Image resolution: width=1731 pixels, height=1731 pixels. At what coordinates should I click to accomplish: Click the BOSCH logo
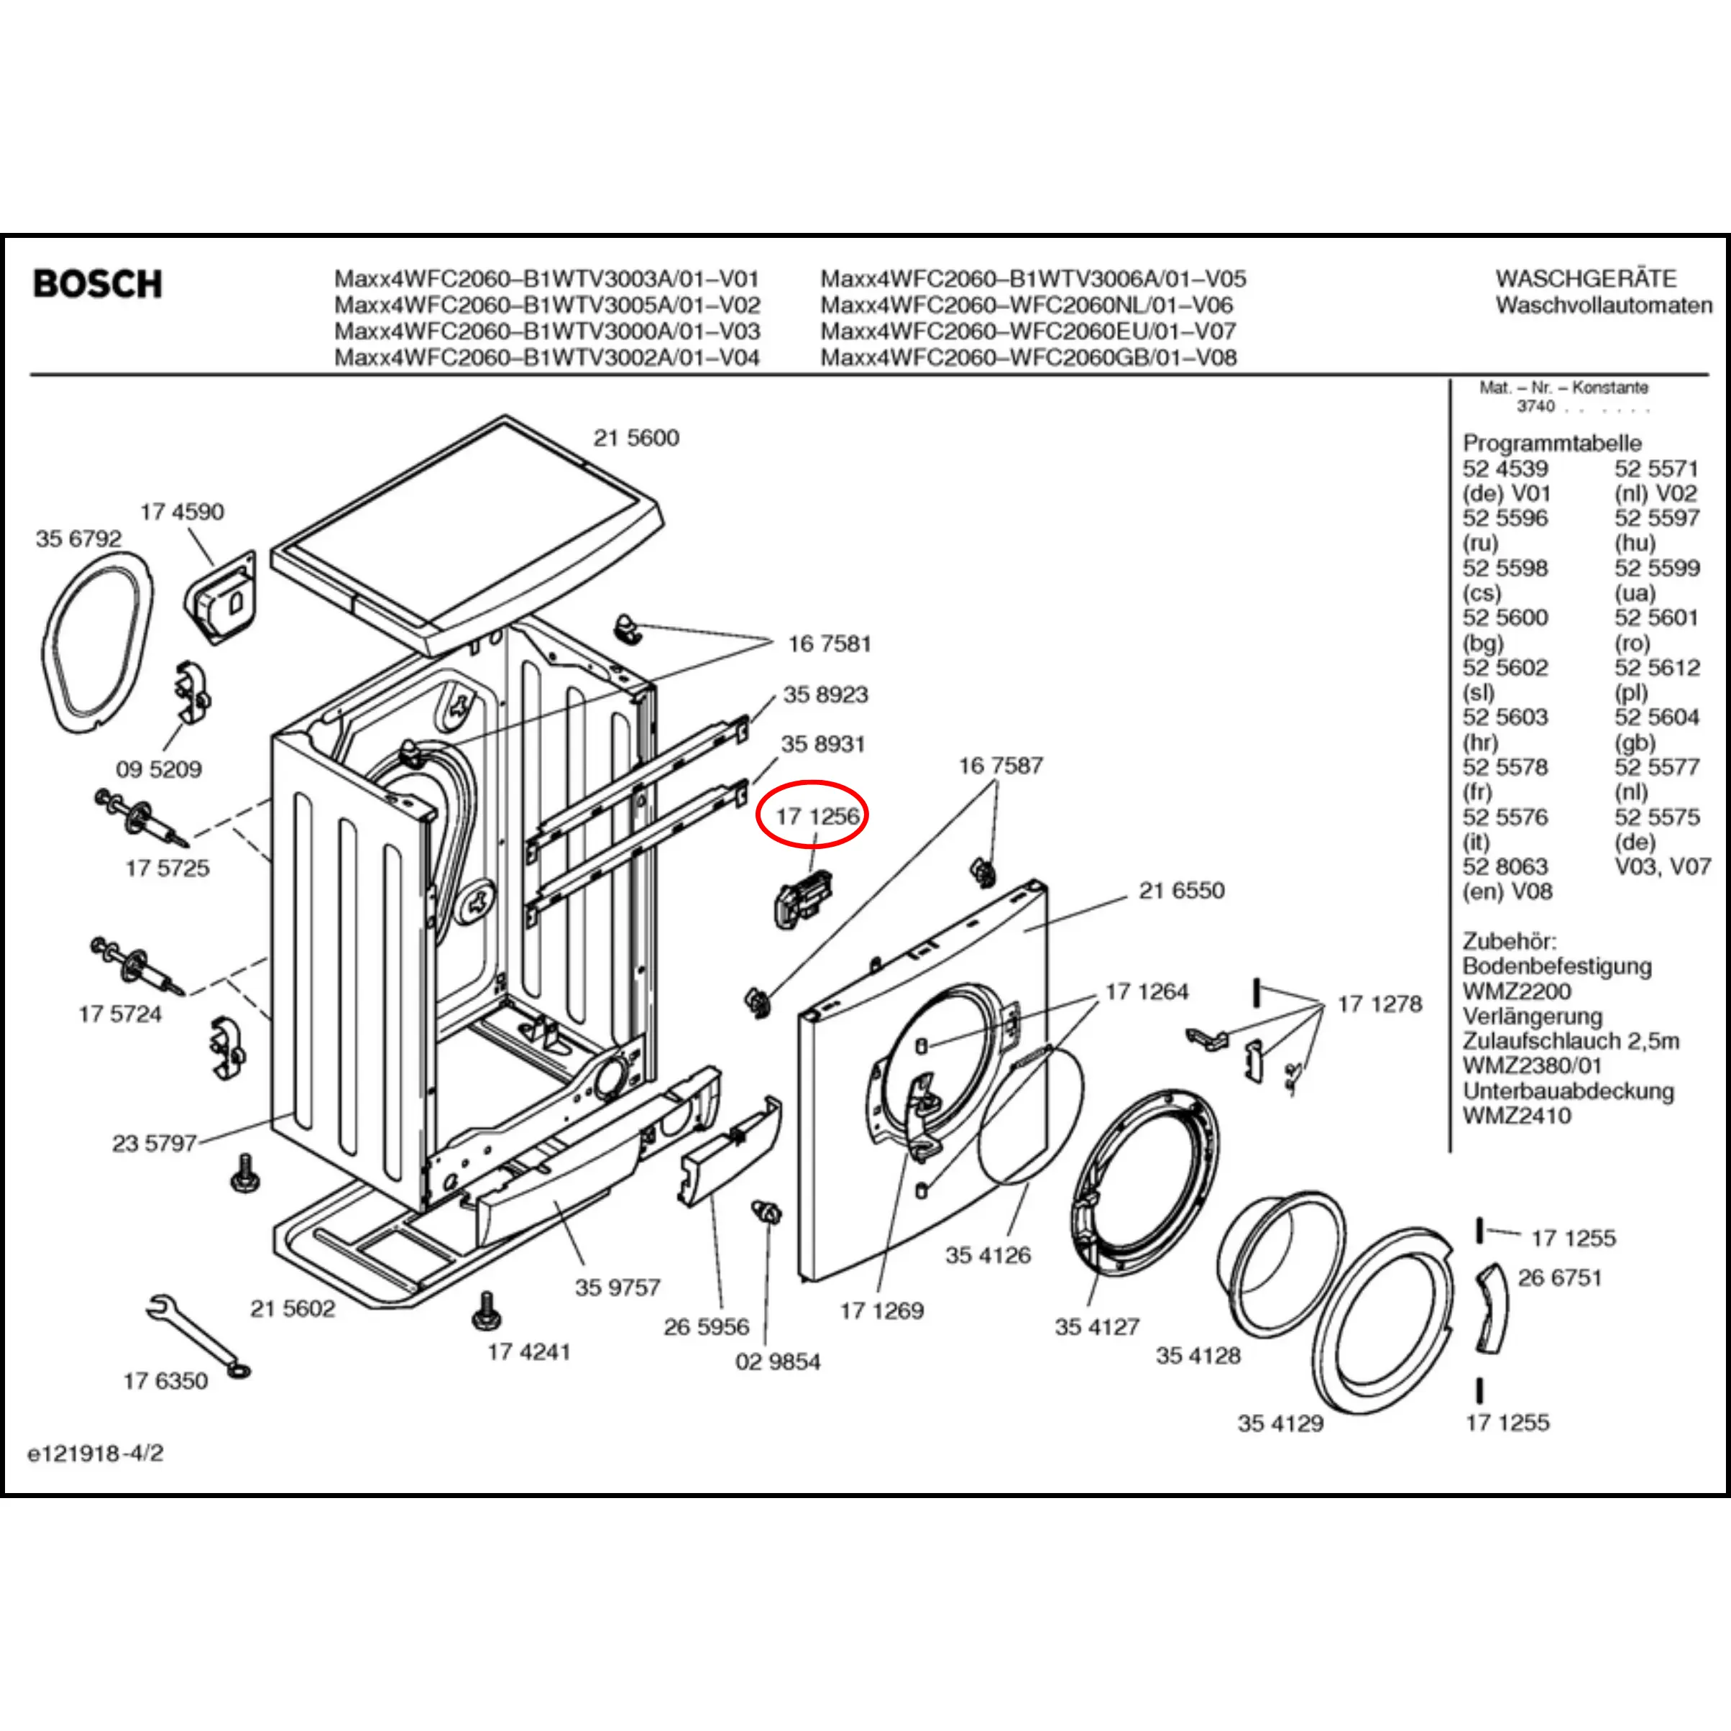98,284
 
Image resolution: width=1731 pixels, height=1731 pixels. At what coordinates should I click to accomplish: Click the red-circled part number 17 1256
817,816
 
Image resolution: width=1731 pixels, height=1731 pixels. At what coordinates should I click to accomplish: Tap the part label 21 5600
636,438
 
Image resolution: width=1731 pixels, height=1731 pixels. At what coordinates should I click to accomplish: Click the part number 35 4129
1280,1423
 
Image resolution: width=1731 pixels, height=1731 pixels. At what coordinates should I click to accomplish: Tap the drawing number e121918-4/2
96,1454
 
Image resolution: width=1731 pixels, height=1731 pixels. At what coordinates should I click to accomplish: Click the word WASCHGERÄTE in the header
1586,279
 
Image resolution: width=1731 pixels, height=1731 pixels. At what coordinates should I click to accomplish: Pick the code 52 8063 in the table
1505,866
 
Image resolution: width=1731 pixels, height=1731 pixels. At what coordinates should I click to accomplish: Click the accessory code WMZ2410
1516,1116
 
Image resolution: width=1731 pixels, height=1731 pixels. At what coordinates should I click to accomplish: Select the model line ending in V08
1028,357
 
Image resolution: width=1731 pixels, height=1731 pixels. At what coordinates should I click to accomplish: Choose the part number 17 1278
1379,1004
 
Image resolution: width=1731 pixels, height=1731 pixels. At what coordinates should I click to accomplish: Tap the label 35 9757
617,1287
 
